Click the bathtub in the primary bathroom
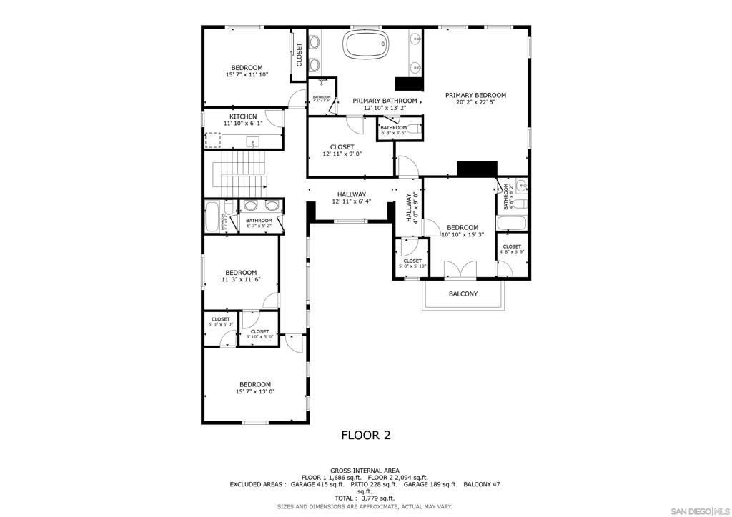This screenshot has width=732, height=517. click(x=367, y=44)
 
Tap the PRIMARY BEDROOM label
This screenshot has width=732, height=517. click(x=475, y=95)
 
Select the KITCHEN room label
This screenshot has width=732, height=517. click(x=243, y=116)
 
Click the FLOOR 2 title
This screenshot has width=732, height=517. click(x=365, y=435)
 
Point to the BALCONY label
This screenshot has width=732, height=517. click(x=463, y=293)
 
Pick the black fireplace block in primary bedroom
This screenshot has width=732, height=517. click(x=477, y=169)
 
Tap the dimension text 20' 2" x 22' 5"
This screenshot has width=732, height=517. click(x=475, y=102)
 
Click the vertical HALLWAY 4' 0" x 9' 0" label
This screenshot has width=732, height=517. click(x=412, y=208)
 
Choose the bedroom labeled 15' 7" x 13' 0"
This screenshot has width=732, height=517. click(x=255, y=388)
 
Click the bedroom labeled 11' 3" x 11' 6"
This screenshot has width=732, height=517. click(x=241, y=276)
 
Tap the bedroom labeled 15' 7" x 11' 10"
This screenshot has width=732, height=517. click(x=247, y=71)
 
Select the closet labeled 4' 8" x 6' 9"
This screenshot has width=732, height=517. click(x=512, y=249)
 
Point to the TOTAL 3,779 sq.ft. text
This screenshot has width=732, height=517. click(x=365, y=498)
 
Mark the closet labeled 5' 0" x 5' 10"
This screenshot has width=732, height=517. click(x=412, y=263)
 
